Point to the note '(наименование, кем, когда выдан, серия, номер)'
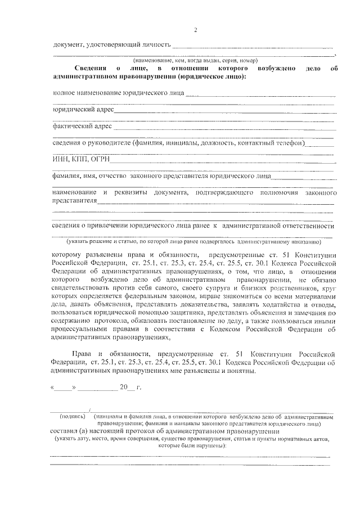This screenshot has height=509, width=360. tap(195, 60)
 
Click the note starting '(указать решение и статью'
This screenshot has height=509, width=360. tap(193, 241)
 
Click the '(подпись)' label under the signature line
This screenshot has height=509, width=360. tap(72, 416)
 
